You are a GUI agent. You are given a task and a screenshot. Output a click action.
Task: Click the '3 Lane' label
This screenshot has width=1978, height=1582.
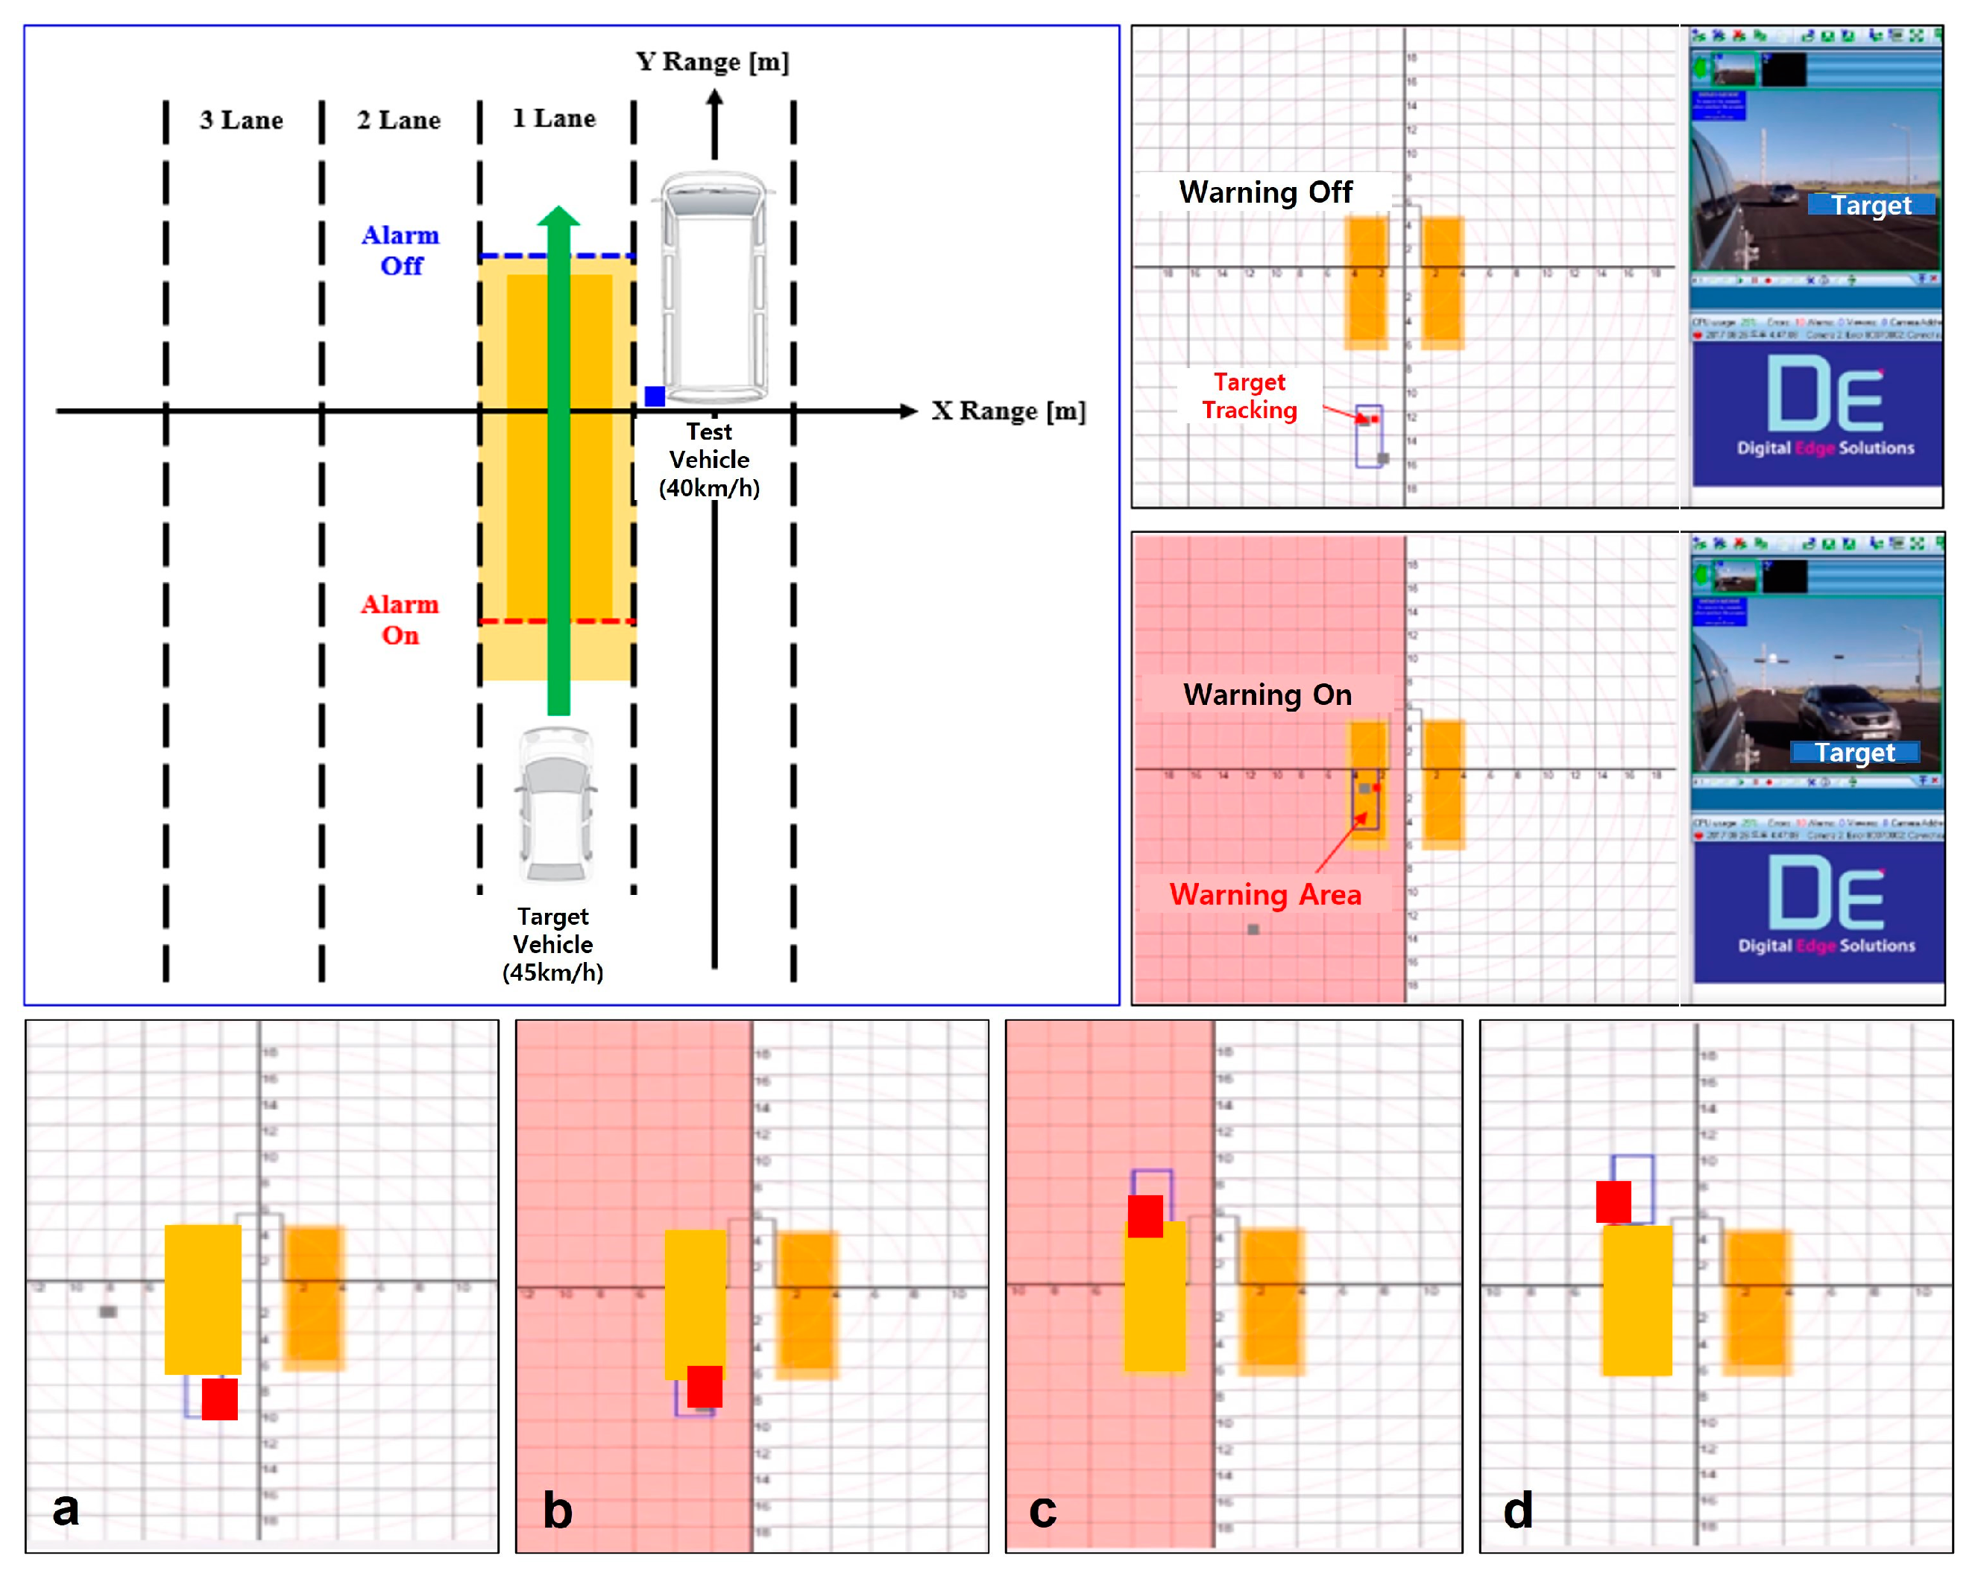click(242, 120)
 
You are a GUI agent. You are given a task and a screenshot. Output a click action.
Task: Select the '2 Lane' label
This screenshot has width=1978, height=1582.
click(398, 120)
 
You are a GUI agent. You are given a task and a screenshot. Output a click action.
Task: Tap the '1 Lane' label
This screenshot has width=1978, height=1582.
click(554, 118)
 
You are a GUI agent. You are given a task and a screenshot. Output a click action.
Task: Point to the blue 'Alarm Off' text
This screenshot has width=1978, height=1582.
click(401, 250)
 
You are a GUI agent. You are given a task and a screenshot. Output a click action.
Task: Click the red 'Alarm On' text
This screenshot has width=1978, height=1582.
click(400, 620)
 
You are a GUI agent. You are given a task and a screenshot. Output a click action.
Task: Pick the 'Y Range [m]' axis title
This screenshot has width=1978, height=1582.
click(712, 61)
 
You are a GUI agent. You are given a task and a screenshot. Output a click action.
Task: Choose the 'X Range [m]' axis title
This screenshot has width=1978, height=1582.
click(1008, 411)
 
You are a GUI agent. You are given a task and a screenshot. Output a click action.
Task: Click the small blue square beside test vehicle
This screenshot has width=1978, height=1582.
click(654, 396)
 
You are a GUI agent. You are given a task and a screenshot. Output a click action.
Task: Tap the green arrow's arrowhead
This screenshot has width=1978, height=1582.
click(558, 216)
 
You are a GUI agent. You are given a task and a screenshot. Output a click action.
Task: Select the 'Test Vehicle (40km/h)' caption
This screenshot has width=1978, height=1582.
click(709, 460)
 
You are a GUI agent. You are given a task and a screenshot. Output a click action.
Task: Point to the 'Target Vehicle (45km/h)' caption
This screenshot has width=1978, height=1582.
click(553, 945)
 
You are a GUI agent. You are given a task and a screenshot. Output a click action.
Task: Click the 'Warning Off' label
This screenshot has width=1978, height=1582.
click(1265, 192)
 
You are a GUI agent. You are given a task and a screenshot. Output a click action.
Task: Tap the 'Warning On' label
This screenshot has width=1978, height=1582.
click(1267, 695)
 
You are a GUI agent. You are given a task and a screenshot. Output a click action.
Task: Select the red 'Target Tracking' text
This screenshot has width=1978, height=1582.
click(1250, 396)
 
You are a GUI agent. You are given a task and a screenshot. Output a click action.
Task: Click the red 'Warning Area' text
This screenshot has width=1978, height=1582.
click(1265, 895)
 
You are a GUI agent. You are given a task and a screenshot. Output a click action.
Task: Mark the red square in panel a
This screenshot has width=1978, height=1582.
click(220, 1399)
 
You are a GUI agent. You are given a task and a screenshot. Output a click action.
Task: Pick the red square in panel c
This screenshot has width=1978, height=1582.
click(1145, 1216)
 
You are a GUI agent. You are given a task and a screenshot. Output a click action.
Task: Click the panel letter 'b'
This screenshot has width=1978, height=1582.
click(558, 1510)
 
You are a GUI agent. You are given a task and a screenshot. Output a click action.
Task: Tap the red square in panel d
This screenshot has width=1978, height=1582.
click(1613, 1202)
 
